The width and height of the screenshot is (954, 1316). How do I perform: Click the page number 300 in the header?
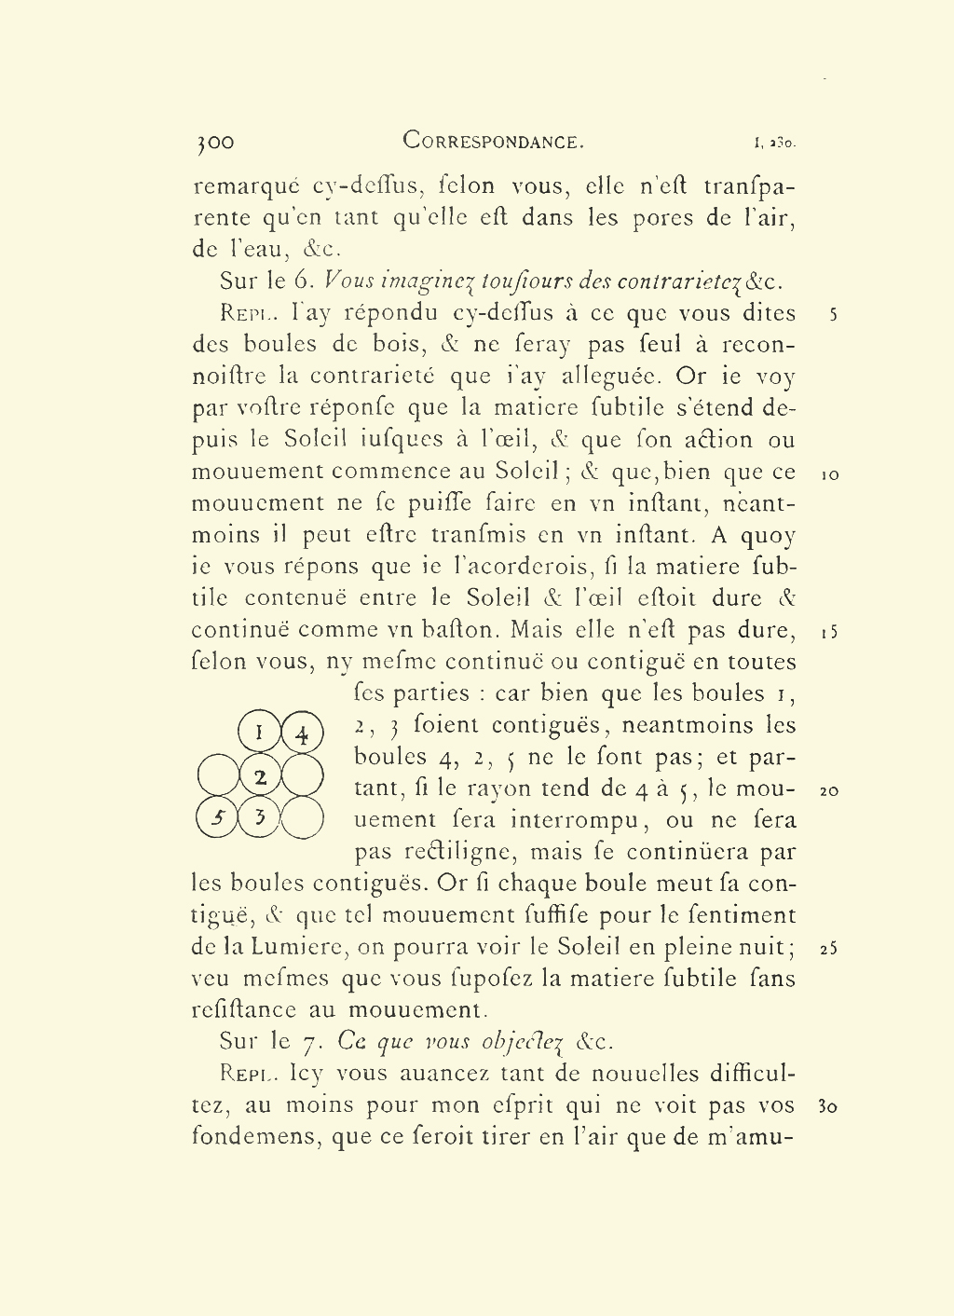(215, 143)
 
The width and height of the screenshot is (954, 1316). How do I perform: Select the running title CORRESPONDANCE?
(493, 142)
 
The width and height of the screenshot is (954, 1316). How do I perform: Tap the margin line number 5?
(833, 315)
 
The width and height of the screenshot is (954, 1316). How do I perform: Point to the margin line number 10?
(831, 474)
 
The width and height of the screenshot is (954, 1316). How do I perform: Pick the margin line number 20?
(829, 791)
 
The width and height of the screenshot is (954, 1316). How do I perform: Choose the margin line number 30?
(827, 1107)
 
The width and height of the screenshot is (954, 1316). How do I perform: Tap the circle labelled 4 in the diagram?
(302, 733)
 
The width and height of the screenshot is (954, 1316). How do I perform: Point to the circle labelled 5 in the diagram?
(218, 818)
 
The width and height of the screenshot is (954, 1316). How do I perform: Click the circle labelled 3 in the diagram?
(260, 818)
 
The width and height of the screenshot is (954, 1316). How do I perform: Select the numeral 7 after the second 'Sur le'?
(310, 1042)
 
